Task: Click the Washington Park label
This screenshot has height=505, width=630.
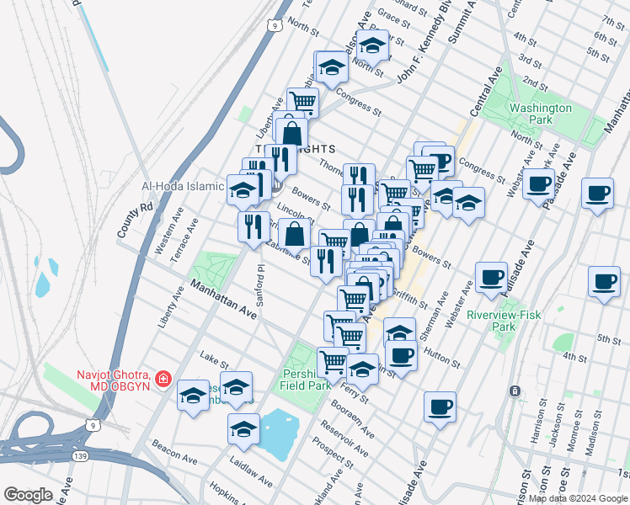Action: pos(540,114)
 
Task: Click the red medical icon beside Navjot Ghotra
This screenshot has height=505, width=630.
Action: pos(163,380)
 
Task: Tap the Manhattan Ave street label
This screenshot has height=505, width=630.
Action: pos(222,299)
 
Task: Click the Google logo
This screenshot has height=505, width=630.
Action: pos(28,495)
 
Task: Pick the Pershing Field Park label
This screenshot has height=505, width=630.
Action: pos(305,379)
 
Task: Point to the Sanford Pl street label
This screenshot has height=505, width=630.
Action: pos(261,286)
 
